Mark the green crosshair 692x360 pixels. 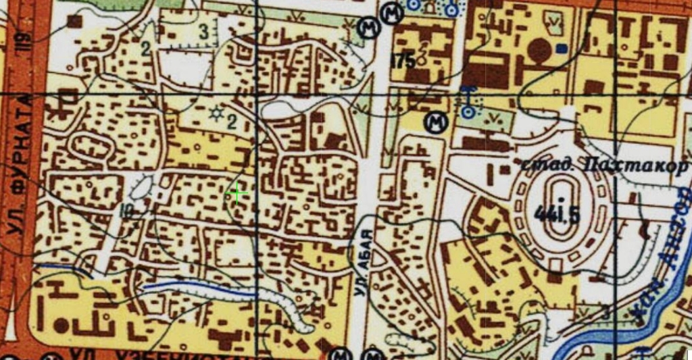tap(237, 194)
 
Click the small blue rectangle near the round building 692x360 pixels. tap(561, 49)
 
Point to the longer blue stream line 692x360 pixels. tap(199, 288)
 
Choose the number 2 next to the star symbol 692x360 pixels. tap(232, 122)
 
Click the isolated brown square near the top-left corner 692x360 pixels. tap(74, 22)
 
